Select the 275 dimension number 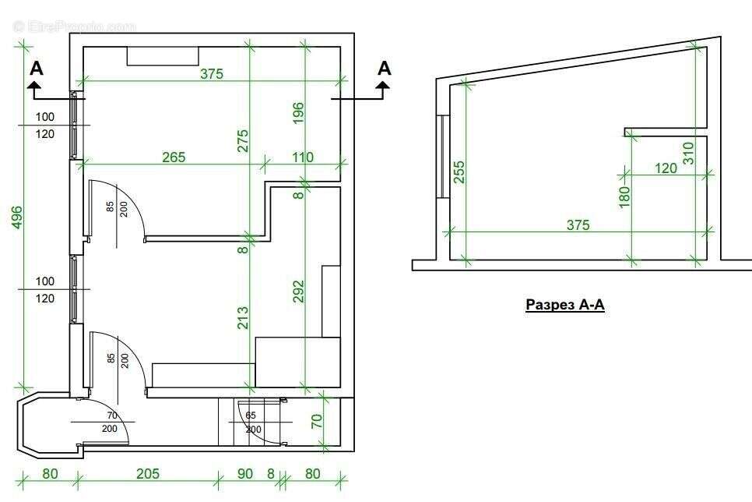click(x=243, y=140)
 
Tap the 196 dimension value click(x=299, y=113)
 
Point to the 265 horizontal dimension click(x=174, y=157)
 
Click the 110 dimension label click(x=302, y=157)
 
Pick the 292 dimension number click(x=299, y=291)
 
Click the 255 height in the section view click(x=459, y=172)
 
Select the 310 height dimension click(x=687, y=151)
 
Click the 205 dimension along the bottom click(x=147, y=473)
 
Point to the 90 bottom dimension click(x=244, y=473)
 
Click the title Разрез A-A click(x=565, y=305)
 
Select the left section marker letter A click(x=37, y=69)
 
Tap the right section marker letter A click(x=384, y=69)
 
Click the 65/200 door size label click(x=251, y=422)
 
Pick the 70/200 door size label click(x=109, y=422)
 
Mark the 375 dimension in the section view click(x=578, y=224)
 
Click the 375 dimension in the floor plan click(x=212, y=74)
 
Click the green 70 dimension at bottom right click(x=317, y=422)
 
